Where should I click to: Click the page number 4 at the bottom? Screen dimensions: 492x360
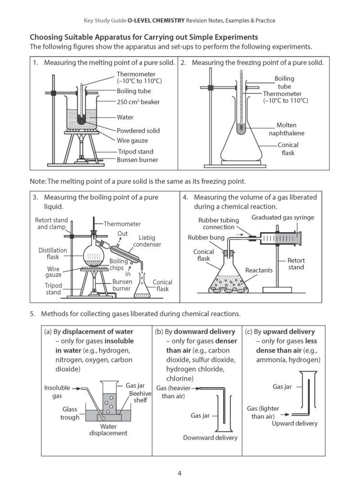pos(180,473)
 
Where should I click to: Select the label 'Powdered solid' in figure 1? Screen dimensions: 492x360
pos(138,131)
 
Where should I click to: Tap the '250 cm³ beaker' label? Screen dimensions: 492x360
pos(138,102)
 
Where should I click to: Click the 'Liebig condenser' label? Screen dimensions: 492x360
pos(150,241)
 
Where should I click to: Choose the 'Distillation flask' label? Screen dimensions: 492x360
pos(53,254)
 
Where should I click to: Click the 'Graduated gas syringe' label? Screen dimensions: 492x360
pos(283,218)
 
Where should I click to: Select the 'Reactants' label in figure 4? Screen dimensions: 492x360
pos(259,271)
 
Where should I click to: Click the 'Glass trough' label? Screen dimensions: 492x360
pos(70,413)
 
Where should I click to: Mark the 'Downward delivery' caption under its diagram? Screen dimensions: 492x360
pos(210,438)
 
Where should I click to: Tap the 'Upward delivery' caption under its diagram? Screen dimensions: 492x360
pos(294,423)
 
